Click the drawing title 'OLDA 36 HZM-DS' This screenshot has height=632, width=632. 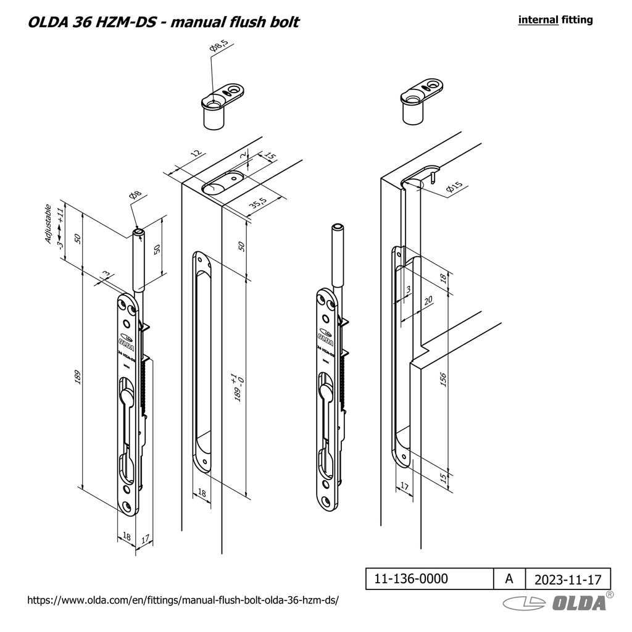tap(93, 22)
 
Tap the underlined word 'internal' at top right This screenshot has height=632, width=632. tap(538, 20)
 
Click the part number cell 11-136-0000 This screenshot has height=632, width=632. tap(412, 579)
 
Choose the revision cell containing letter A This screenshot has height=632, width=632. tap(509, 579)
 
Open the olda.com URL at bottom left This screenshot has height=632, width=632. tap(184, 600)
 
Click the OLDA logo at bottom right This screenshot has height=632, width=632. tap(555, 603)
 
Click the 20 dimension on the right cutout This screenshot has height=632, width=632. tap(428, 300)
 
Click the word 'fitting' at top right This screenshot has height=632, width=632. tap(577, 20)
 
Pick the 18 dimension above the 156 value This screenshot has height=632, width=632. tap(442, 279)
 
